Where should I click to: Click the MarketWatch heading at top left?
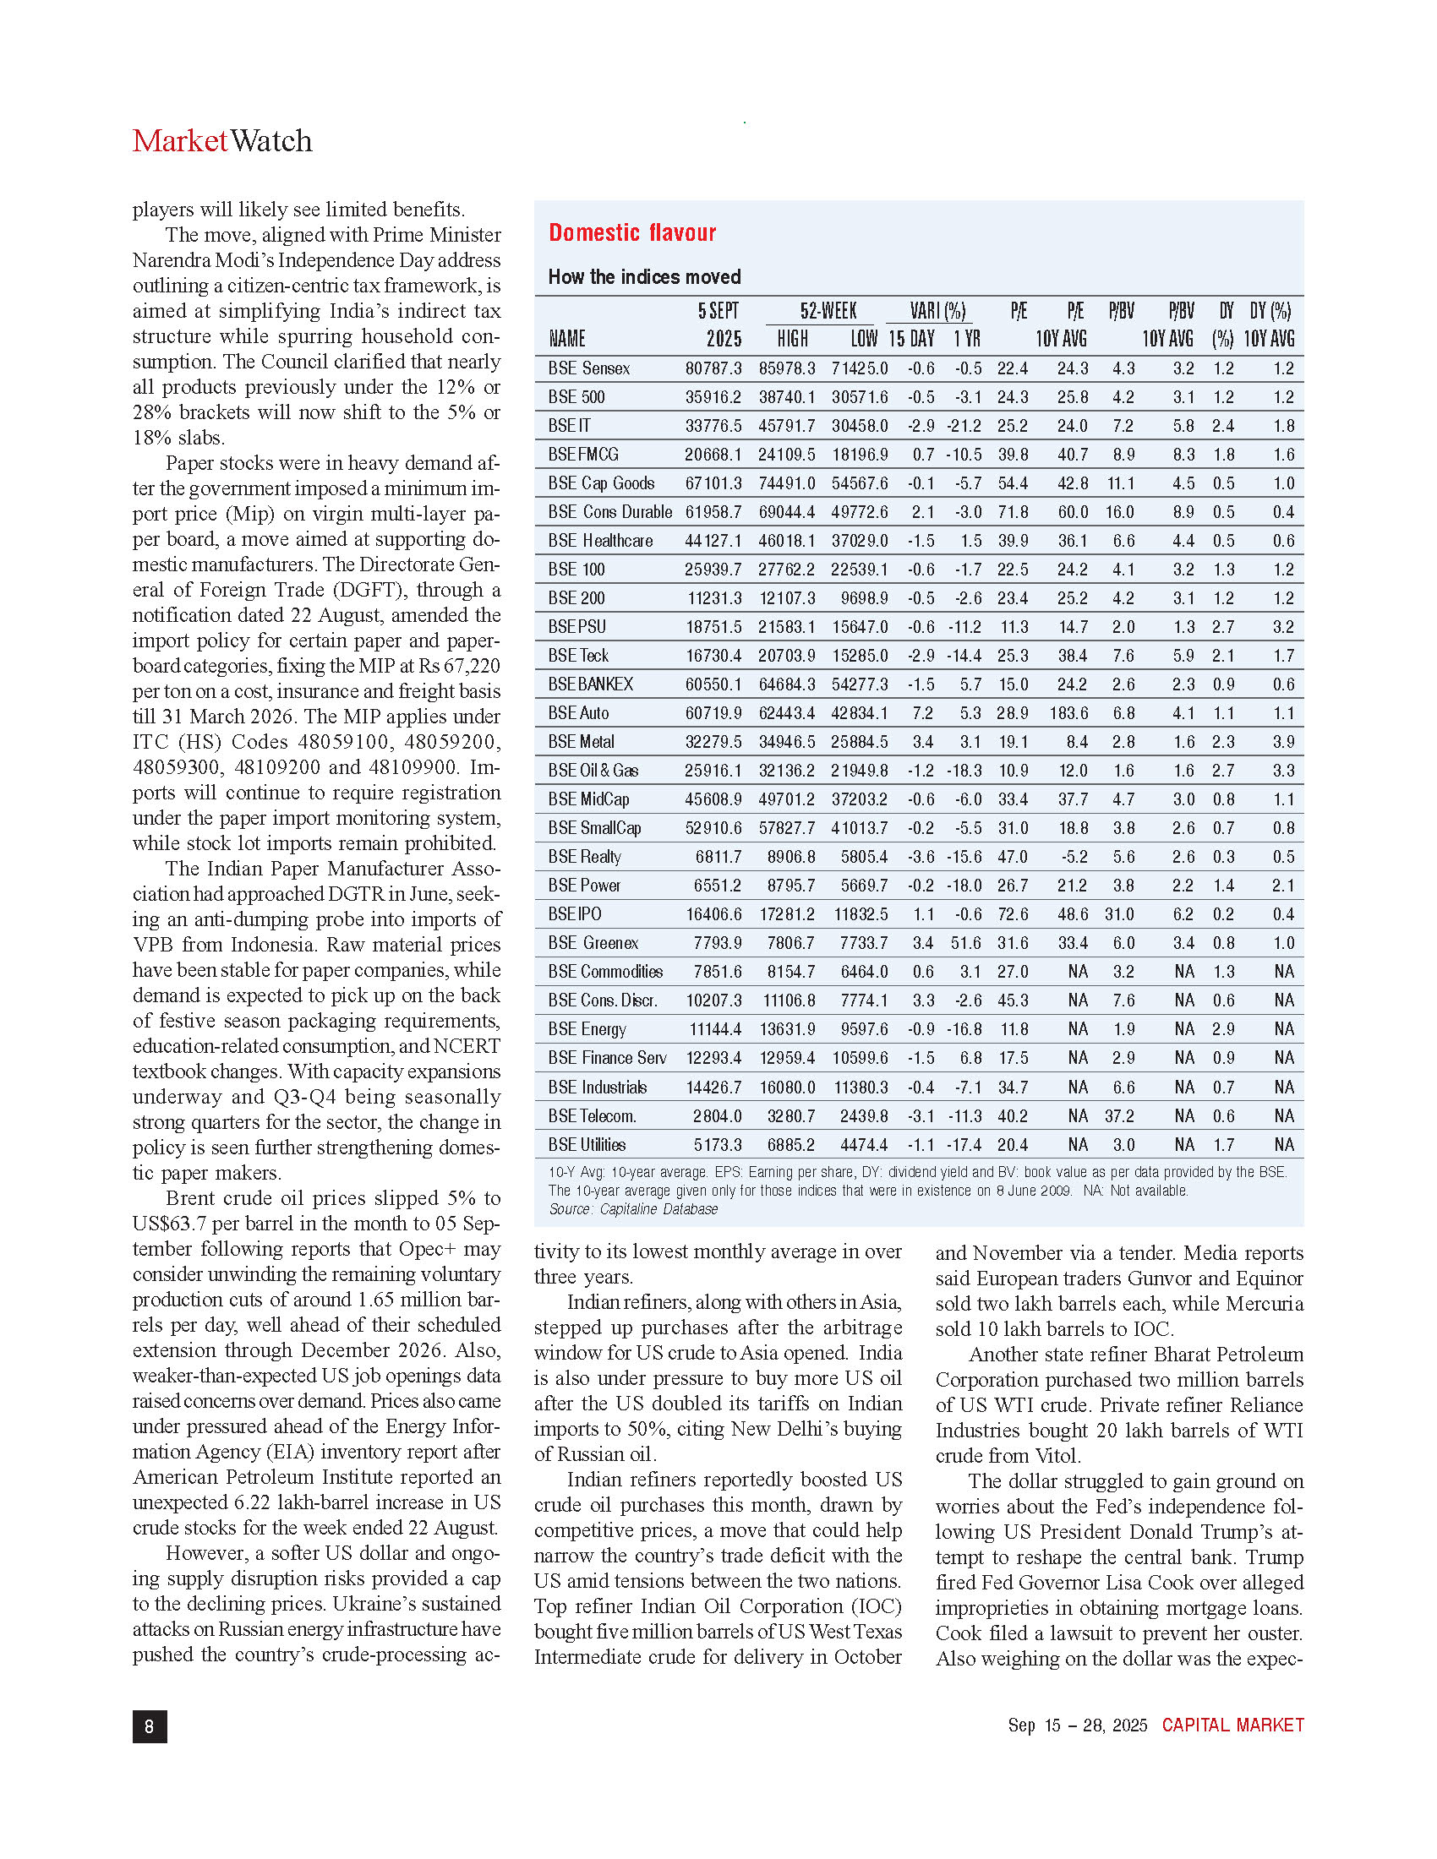pos(222,141)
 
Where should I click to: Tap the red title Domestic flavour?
pos(631,232)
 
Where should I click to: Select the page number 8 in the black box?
pos(150,1725)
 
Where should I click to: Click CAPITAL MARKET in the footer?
pos(1232,1725)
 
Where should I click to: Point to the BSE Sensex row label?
pos(589,368)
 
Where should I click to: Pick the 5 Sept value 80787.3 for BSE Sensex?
pos(713,368)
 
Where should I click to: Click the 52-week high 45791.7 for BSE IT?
pos(787,426)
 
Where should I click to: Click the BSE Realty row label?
pos(585,857)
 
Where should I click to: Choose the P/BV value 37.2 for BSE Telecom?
pos(1119,1116)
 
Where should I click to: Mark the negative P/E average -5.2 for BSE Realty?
pos(1072,857)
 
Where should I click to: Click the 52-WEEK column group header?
pos(828,312)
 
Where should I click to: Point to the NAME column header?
pos(567,339)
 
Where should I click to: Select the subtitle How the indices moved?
pos(644,276)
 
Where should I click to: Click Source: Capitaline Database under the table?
pos(632,1208)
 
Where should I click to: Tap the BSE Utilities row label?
pos(587,1145)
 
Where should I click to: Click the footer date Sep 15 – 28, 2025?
pos(1077,1725)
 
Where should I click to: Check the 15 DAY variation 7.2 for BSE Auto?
pos(922,713)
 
